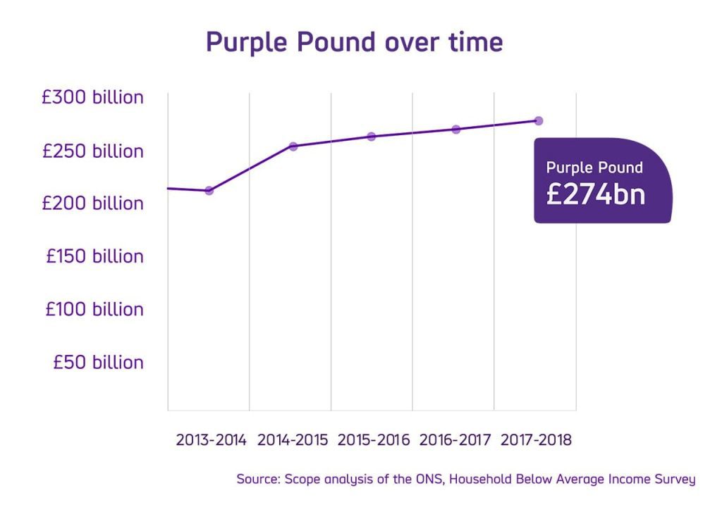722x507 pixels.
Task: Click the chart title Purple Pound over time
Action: click(354, 42)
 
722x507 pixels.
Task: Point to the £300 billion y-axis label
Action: click(92, 97)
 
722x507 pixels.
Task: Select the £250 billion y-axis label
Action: click(92, 151)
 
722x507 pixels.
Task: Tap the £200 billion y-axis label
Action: click(92, 204)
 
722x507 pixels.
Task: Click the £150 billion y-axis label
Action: click(94, 256)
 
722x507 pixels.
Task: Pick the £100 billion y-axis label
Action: click(94, 309)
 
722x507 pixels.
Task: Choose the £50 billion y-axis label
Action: click(98, 362)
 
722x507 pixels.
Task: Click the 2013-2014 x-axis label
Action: click(211, 441)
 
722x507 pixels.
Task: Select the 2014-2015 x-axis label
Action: click(292, 441)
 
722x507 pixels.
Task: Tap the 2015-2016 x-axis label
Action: click(373, 441)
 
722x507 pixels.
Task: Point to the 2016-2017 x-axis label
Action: click(455, 441)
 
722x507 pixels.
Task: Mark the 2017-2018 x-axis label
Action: click(536, 441)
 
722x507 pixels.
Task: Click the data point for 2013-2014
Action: click(209, 191)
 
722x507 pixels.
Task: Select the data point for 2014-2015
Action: click(293, 146)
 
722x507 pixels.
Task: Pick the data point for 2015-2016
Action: click(372, 137)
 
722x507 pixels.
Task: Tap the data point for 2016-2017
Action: click(456, 130)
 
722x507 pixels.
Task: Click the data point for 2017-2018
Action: click(539, 121)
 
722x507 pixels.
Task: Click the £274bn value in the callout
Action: click(595, 194)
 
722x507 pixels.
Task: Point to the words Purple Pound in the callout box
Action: click(594, 168)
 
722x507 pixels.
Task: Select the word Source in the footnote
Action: click(257, 480)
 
